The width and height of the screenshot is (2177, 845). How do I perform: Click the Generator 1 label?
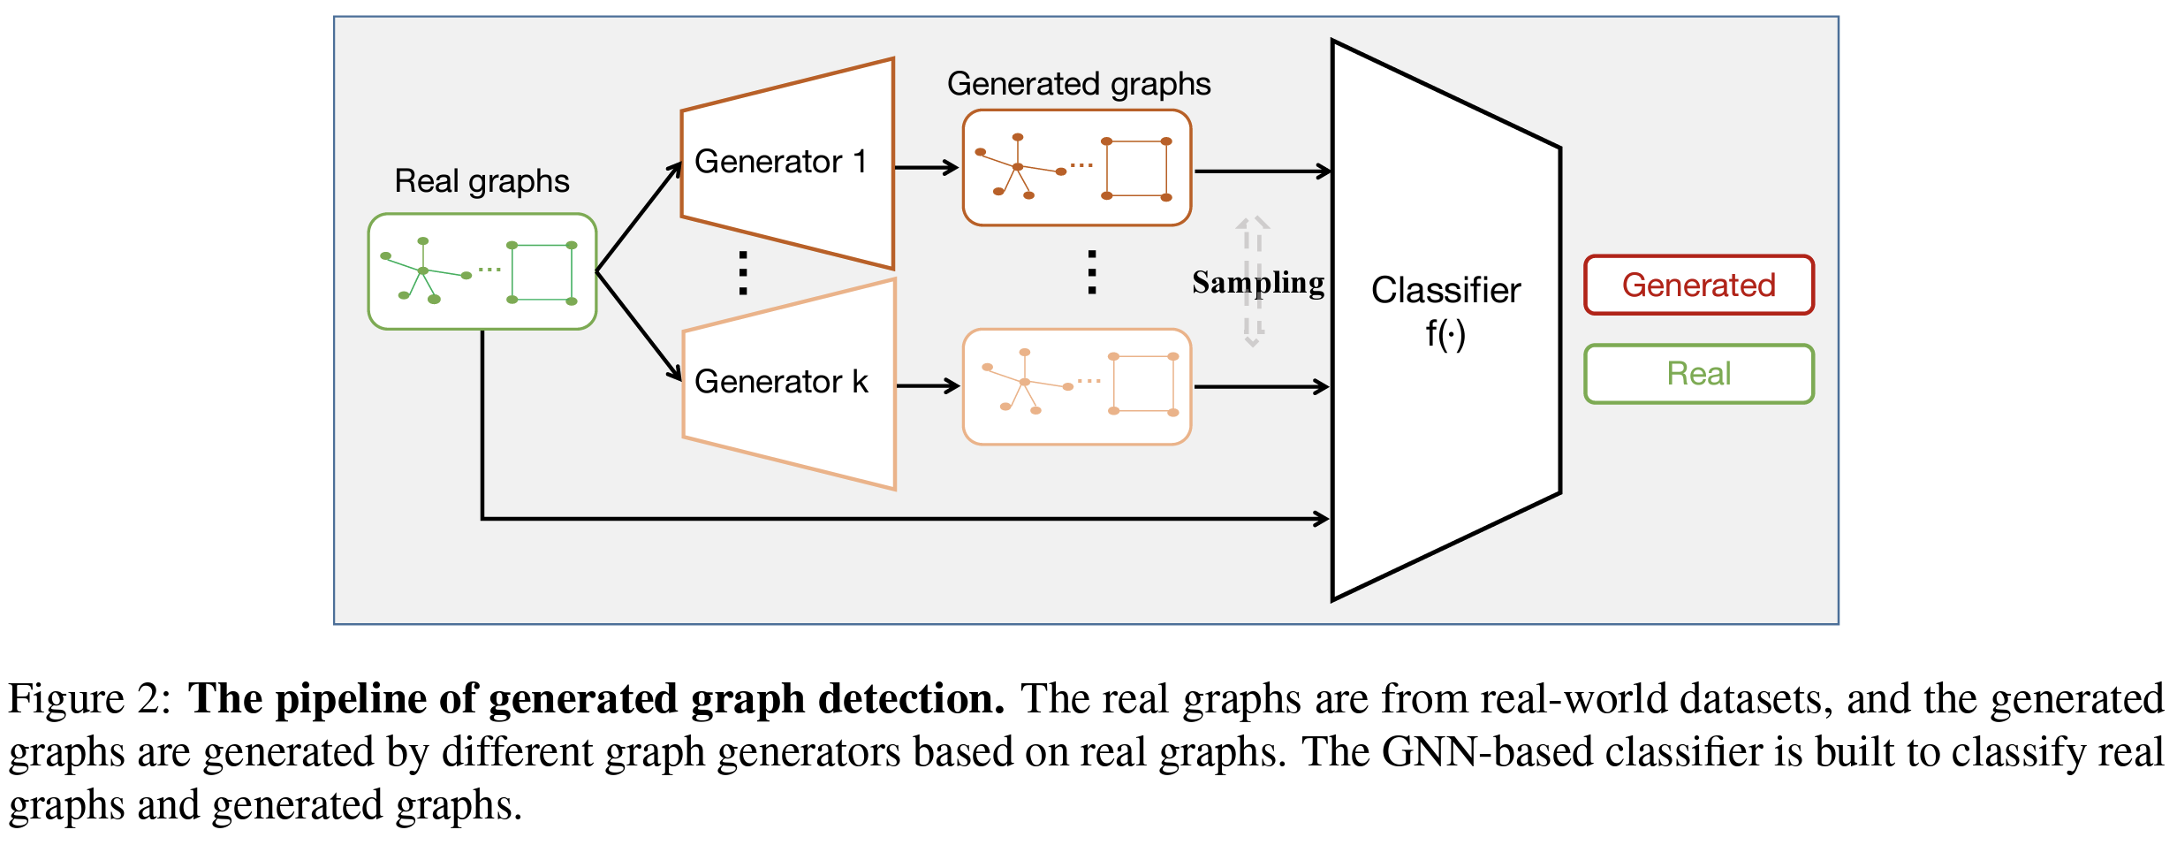(780, 163)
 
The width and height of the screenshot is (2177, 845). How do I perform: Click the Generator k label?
(781, 382)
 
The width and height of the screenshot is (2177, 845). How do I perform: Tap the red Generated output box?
(1698, 285)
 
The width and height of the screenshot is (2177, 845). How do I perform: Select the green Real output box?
(1698, 374)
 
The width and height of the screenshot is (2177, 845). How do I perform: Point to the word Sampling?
(1258, 283)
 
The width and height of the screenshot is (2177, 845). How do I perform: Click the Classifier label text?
(1445, 291)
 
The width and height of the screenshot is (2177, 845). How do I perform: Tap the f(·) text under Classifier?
(1445, 334)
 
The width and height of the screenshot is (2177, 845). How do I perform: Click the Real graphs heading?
(482, 181)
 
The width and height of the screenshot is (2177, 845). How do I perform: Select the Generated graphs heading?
(1078, 84)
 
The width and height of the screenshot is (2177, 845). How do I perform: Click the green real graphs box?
(482, 271)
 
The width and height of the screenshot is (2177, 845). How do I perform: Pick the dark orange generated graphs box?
(1077, 168)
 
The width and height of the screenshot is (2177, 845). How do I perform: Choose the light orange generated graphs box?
(1077, 387)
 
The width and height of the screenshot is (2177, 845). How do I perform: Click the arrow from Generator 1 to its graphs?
(927, 167)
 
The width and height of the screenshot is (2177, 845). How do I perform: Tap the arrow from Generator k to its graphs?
(928, 385)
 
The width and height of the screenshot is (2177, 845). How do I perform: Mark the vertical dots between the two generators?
(743, 272)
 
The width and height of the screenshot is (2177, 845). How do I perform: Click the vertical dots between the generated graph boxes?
(1092, 272)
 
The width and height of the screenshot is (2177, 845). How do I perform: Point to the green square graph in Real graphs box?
(542, 273)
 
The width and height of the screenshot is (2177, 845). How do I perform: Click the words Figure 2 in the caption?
(88, 699)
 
